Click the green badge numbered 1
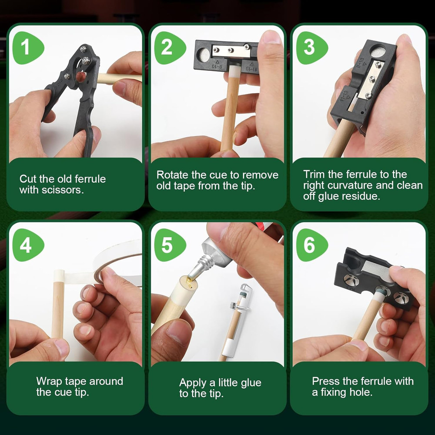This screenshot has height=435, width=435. [27, 48]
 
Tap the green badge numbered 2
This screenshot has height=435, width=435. [169, 48]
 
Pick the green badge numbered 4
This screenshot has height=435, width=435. [27, 245]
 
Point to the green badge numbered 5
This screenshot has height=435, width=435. [169, 245]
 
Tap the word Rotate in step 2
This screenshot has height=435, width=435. [173, 175]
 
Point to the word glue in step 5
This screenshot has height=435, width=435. [251, 383]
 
